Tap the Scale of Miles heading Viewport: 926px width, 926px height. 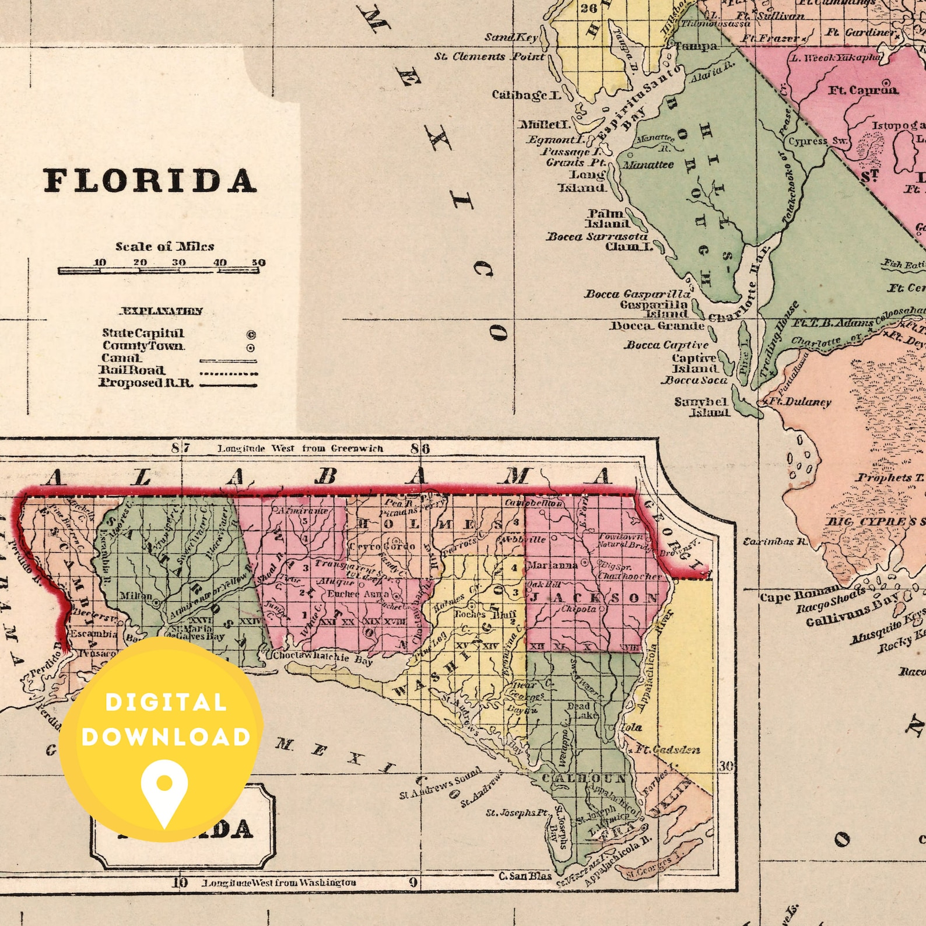tap(164, 246)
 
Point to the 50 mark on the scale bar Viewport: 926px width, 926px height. tap(258, 262)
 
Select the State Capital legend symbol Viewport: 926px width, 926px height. tap(251, 335)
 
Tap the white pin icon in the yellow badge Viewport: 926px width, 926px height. tap(164, 791)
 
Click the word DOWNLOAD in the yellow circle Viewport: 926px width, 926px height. tap(166, 737)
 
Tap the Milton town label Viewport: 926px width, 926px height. tap(135, 596)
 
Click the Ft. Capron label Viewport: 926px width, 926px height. tap(863, 90)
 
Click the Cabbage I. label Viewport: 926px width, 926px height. tap(527, 94)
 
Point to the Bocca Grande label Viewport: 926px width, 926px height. tap(658, 325)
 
